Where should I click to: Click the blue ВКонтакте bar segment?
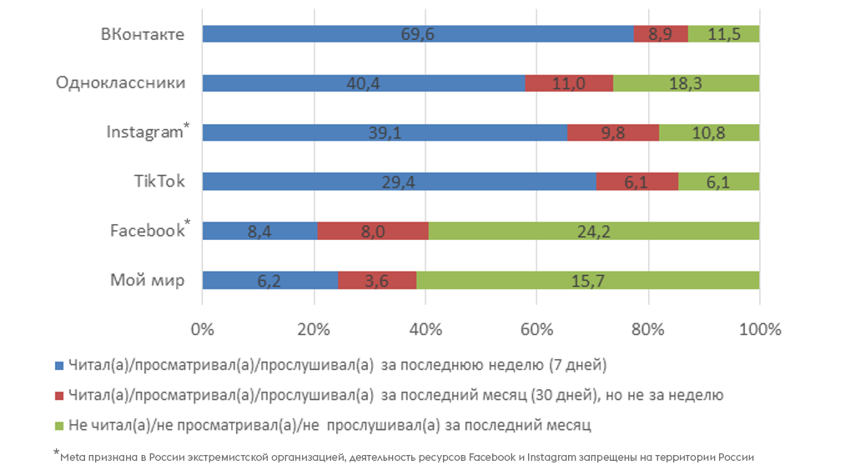[417, 34]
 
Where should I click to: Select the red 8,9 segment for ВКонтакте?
[661, 34]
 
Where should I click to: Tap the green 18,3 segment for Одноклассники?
[687, 83]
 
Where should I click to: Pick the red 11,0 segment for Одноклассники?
[570, 83]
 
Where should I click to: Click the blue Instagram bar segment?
[385, 132]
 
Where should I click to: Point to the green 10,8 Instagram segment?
[709, 132]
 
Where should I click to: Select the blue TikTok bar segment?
[399, 182]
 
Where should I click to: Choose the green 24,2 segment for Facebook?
[594, 231]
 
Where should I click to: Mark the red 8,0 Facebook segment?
[373, 231]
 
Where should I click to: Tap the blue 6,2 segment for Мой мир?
[270, 280]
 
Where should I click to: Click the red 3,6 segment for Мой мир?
[377, 280]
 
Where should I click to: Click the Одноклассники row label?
[120, 83]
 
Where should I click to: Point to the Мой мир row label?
[148, 280]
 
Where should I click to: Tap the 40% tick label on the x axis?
[425, 329]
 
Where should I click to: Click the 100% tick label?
[759, 329]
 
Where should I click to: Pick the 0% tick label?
[203, 329]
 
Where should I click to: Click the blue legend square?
[58, 366]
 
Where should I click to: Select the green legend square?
[58, 426]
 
